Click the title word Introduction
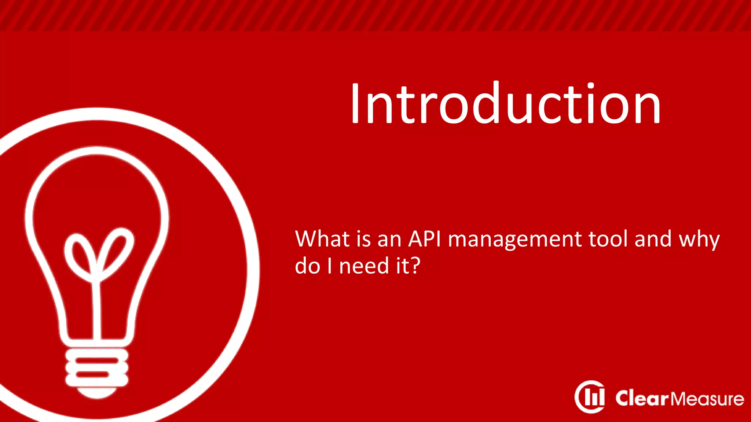click(x=505, y=104)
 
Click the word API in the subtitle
click(x=424, y=239)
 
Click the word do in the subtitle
click(x=307, y=266)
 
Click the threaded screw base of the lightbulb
click(x=97, y=367)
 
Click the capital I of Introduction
click(x=355, y=104)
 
